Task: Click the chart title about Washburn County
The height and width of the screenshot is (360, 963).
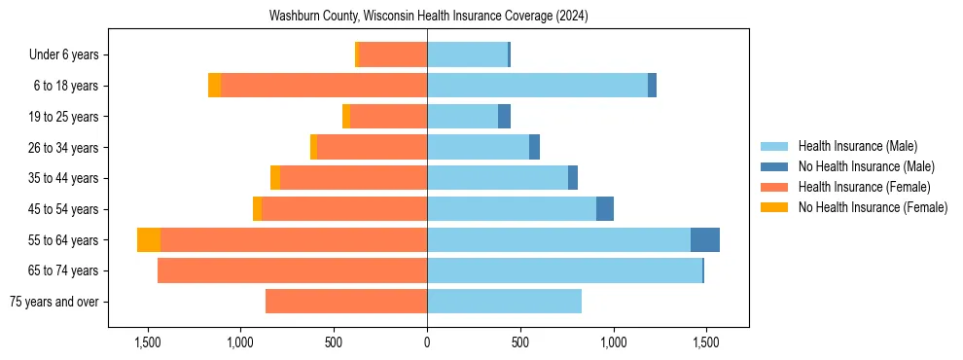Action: pyautogui.click(x=428, y=17)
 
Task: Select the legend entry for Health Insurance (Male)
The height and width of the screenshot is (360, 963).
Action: pyautogui.click(x=857, y=146)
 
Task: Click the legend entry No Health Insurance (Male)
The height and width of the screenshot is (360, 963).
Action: pyautogui.click(x=866, y=166)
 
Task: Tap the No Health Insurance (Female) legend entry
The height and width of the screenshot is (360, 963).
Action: pyautogui.click(x=873, y=207)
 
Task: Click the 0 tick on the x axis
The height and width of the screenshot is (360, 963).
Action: pyautogui.click(x=427, y=342)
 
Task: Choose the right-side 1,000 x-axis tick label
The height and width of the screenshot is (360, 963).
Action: pyautogui.click(x=614, y=342)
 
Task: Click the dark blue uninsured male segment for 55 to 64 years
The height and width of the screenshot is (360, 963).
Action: pyautogui.click(x=705, y=240)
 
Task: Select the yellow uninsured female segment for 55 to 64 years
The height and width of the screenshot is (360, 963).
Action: pyautogui.click(x=149, y=240)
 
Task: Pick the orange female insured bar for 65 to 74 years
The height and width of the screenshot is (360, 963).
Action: pyautogui.click(x=292, y=270)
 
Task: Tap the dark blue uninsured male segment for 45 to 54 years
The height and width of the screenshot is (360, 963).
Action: pyautogui.click(x=605, y=209)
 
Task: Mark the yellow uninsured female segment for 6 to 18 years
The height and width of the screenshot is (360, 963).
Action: pyautogui.click(x=214, y=86)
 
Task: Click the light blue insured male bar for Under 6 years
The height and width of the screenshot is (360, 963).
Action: pyautogui.click(x=467, y=55)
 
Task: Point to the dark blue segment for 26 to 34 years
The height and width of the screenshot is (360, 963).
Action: pyautogui.click(x=534, y=148)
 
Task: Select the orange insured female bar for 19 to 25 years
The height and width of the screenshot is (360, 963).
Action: pyautogui.click(x=388, y=117)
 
